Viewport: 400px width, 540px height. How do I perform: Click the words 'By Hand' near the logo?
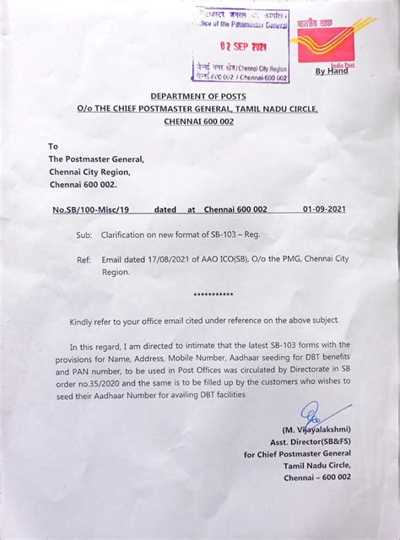(332, 73)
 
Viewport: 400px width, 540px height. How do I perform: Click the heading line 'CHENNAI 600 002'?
(199, 122)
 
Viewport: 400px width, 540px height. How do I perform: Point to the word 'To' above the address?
(54, 146)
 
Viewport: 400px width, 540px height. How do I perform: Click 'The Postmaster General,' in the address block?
(96, 159)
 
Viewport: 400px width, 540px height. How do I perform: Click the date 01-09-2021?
(324, 208)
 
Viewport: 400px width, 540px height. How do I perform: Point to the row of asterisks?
(214, 295)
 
